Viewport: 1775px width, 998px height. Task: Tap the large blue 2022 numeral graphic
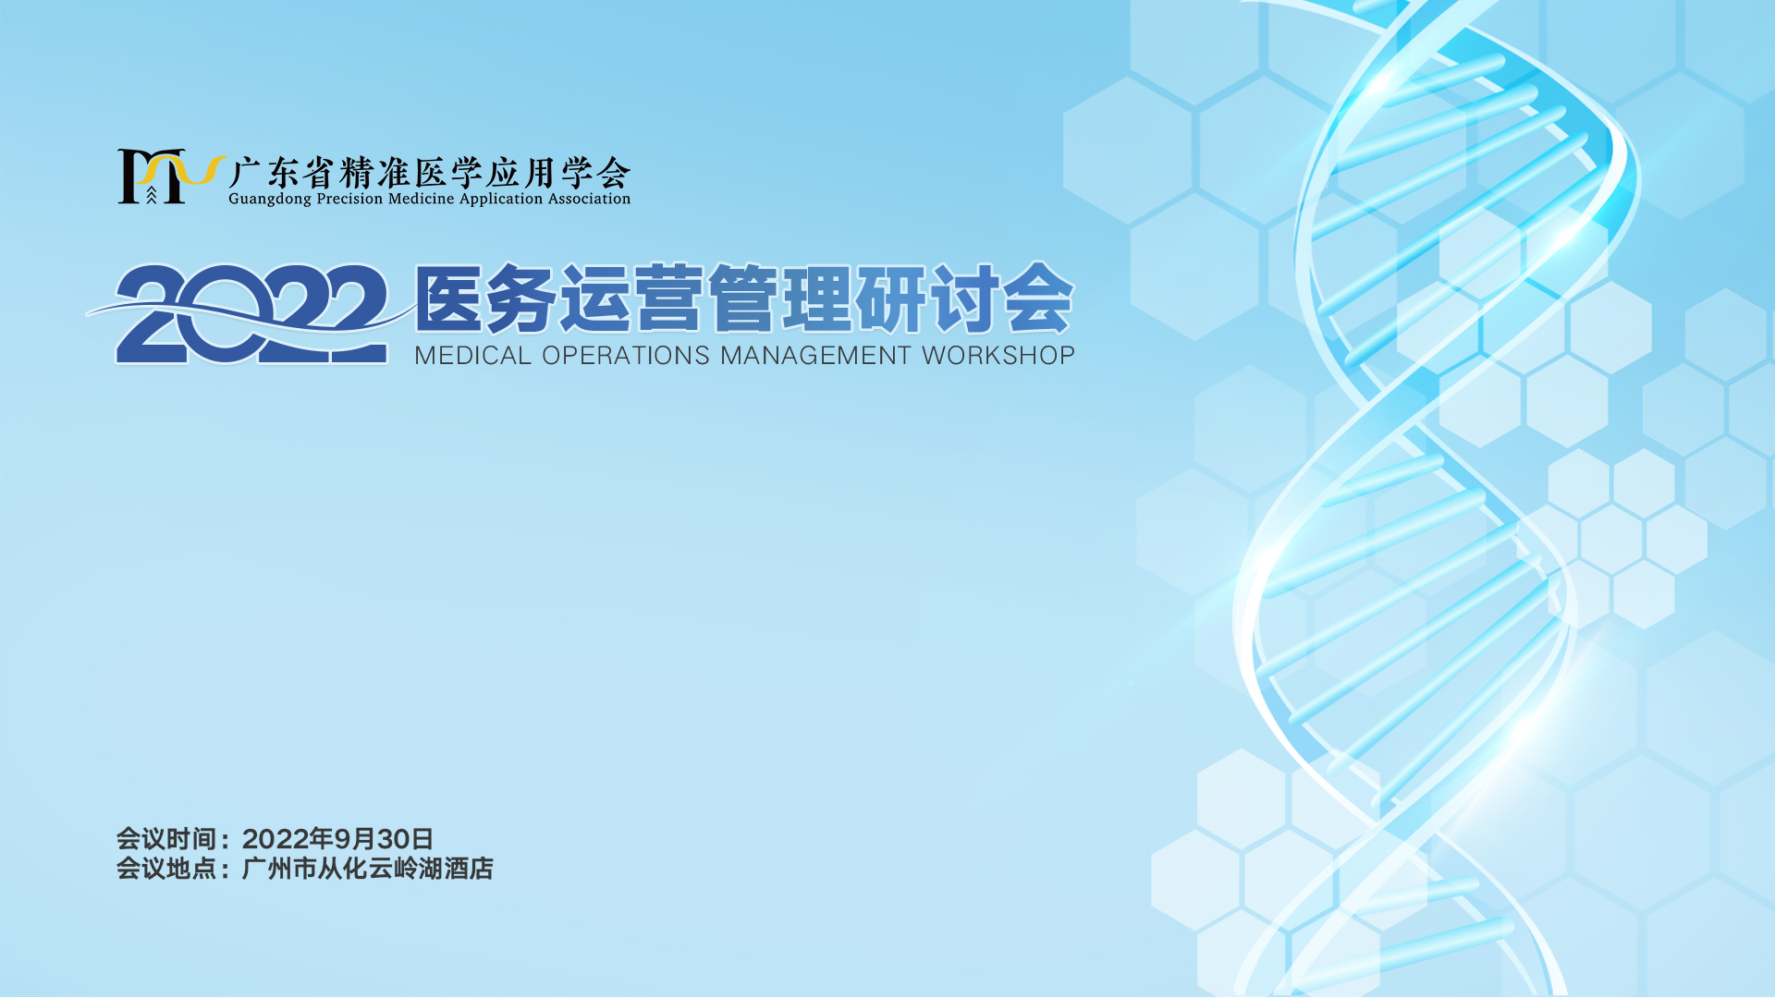(251, 314)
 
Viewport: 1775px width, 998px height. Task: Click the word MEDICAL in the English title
(472, 356)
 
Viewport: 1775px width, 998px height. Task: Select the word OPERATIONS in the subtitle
(626, 356)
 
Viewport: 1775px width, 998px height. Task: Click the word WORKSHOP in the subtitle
(998, 356)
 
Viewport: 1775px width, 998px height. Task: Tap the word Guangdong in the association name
(270, 200)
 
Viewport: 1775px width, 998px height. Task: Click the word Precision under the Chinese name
(349, 199)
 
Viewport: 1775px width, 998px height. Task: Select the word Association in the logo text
(589, 199)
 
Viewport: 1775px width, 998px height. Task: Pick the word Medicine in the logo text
(422, 199)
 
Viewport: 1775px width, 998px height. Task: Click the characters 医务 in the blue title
(486, 298)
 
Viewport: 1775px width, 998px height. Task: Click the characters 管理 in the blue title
(781, 298)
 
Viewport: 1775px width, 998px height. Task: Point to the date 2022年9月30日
(337, 839)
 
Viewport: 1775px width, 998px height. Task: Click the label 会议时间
(165, 839)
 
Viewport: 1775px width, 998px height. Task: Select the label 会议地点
(165, 869)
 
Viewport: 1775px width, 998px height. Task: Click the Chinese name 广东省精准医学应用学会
(430, 173)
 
